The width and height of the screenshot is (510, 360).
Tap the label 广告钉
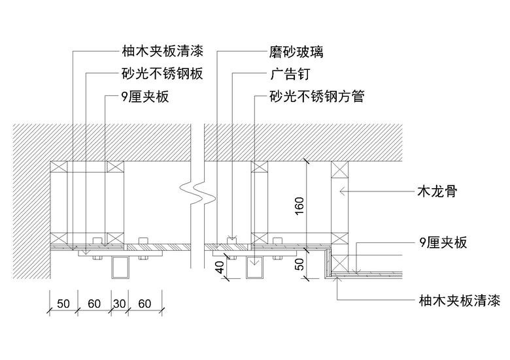point(288,74)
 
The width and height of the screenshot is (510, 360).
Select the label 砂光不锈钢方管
point(316,97)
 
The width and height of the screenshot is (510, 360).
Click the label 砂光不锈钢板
point(162,74)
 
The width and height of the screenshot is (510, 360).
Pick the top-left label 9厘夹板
point(145,97)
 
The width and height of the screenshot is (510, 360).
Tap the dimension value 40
point(220,268)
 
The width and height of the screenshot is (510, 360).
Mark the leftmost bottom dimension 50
point(63,304)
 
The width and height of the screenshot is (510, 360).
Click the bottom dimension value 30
point(119,304)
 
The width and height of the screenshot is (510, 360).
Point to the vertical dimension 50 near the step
point(299,265)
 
